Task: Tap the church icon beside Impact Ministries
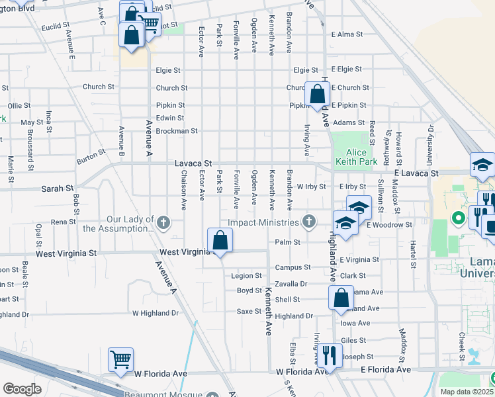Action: click(x=308, y=221)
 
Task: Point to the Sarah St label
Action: click(x=57, y=189)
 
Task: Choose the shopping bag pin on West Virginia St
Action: click(x=220, y=240)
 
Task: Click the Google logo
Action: click(x=22, y=388)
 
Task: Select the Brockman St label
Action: click(x=177, y=131)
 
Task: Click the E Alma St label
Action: click(x=347, y=34)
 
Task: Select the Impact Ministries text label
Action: click(x=264, y=222)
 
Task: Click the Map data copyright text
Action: click(x=467, y=392)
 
